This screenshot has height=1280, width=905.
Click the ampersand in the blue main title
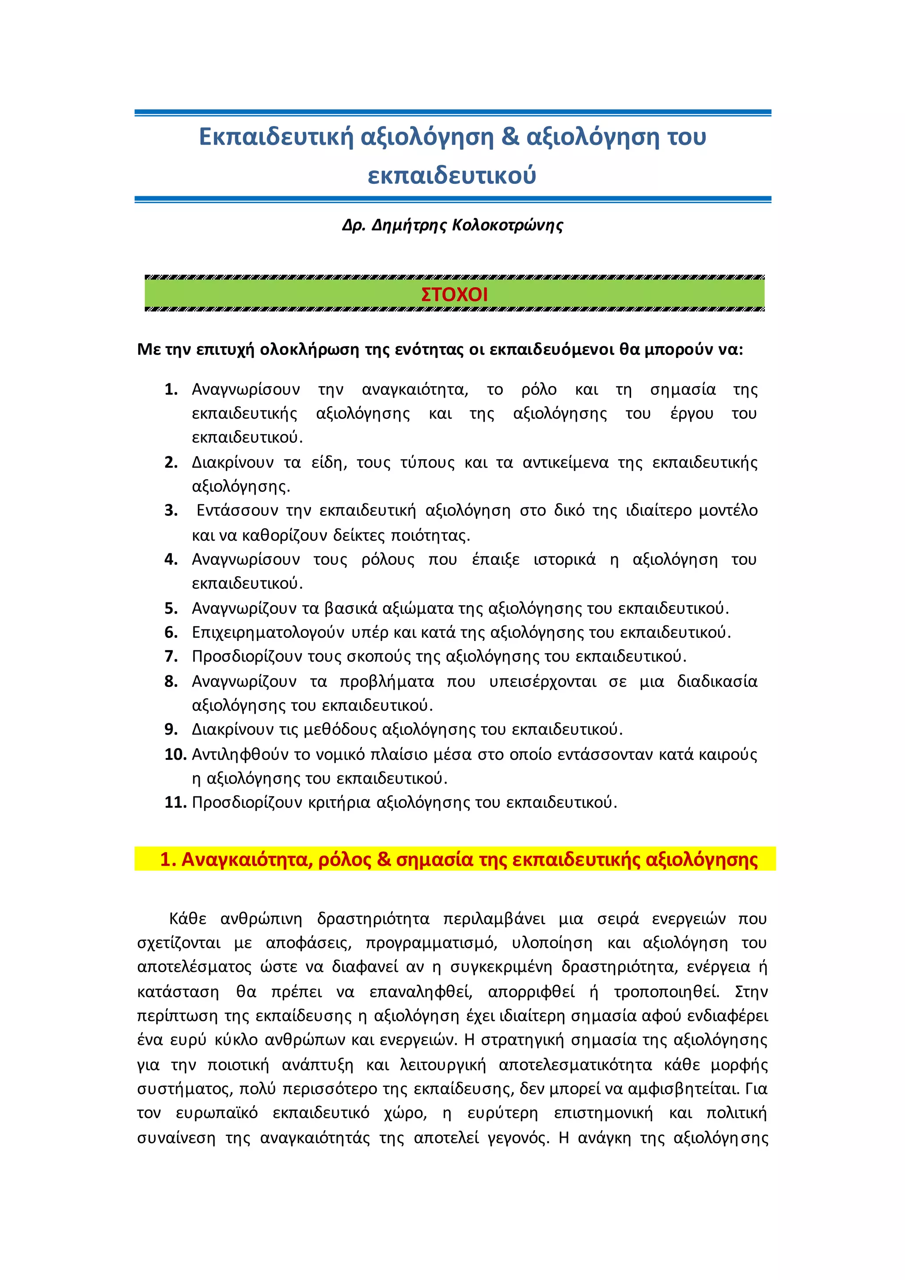(x=510, y=137)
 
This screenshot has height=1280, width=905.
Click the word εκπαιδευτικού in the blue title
(x=452, y=175)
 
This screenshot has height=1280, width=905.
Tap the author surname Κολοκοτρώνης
(x=508, y=225)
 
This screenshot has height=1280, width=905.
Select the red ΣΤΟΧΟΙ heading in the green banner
(x=454, y=294)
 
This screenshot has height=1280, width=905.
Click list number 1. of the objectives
(x=171, y=389)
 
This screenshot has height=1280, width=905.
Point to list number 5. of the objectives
(x=171, y=608)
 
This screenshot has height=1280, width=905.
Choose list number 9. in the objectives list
(x=171, y=729)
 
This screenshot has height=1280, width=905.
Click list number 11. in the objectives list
(x=175, y=802)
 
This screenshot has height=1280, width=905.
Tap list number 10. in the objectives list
(x=175, y=754)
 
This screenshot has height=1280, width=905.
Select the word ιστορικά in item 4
(x=564, y=559)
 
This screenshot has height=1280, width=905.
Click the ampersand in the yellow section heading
(x=384, y=860)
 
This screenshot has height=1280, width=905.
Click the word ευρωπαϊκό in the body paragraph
(x=217, y=1113)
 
